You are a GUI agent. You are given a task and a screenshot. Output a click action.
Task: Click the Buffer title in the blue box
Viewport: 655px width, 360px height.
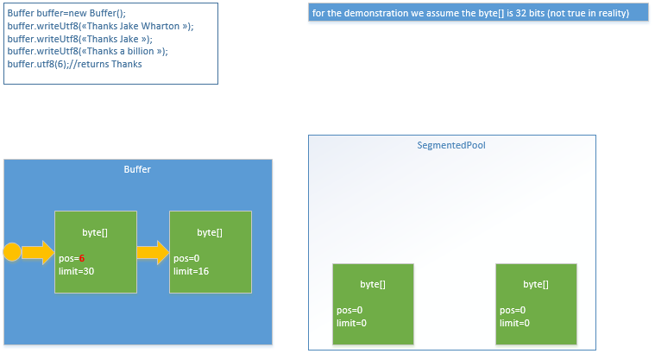[x=137, y=169]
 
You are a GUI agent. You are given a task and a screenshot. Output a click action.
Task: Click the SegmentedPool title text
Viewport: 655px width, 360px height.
[x=451, y=145]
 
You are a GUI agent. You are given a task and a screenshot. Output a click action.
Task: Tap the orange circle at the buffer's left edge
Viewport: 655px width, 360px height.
[x=12, y=252]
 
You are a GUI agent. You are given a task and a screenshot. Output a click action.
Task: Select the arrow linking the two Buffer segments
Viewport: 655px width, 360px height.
[x=153, y=253]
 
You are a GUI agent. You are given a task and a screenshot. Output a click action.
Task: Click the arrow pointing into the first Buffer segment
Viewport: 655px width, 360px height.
[x=37, y=252]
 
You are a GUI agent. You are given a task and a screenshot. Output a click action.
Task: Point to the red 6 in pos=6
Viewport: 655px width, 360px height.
[x=81, y=258]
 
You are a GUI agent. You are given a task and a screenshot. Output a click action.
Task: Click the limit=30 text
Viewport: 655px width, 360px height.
[x=77, y=271]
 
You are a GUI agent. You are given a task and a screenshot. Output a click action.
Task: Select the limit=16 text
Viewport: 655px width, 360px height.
[x=191, y=271]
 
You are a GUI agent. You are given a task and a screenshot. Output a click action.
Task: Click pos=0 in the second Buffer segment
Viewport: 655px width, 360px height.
[x=186, y=258]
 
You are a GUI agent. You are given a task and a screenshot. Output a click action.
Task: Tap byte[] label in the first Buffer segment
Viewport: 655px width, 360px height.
[x=95, y=232]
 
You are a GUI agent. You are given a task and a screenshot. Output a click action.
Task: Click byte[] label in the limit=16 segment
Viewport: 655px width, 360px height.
[x=210, y=232]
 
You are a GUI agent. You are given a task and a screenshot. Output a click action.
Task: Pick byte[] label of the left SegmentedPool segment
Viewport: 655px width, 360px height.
[x=373, y=284]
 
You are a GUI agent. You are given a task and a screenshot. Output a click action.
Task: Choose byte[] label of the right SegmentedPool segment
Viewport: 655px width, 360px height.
[x=536, y=284]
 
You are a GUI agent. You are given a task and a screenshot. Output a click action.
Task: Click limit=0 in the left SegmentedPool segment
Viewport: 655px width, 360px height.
[x=351, y=323]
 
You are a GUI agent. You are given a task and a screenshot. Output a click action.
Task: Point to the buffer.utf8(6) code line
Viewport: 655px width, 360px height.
[x=75, y=64]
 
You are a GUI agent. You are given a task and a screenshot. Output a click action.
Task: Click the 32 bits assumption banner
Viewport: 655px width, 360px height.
[x=477, y=15]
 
